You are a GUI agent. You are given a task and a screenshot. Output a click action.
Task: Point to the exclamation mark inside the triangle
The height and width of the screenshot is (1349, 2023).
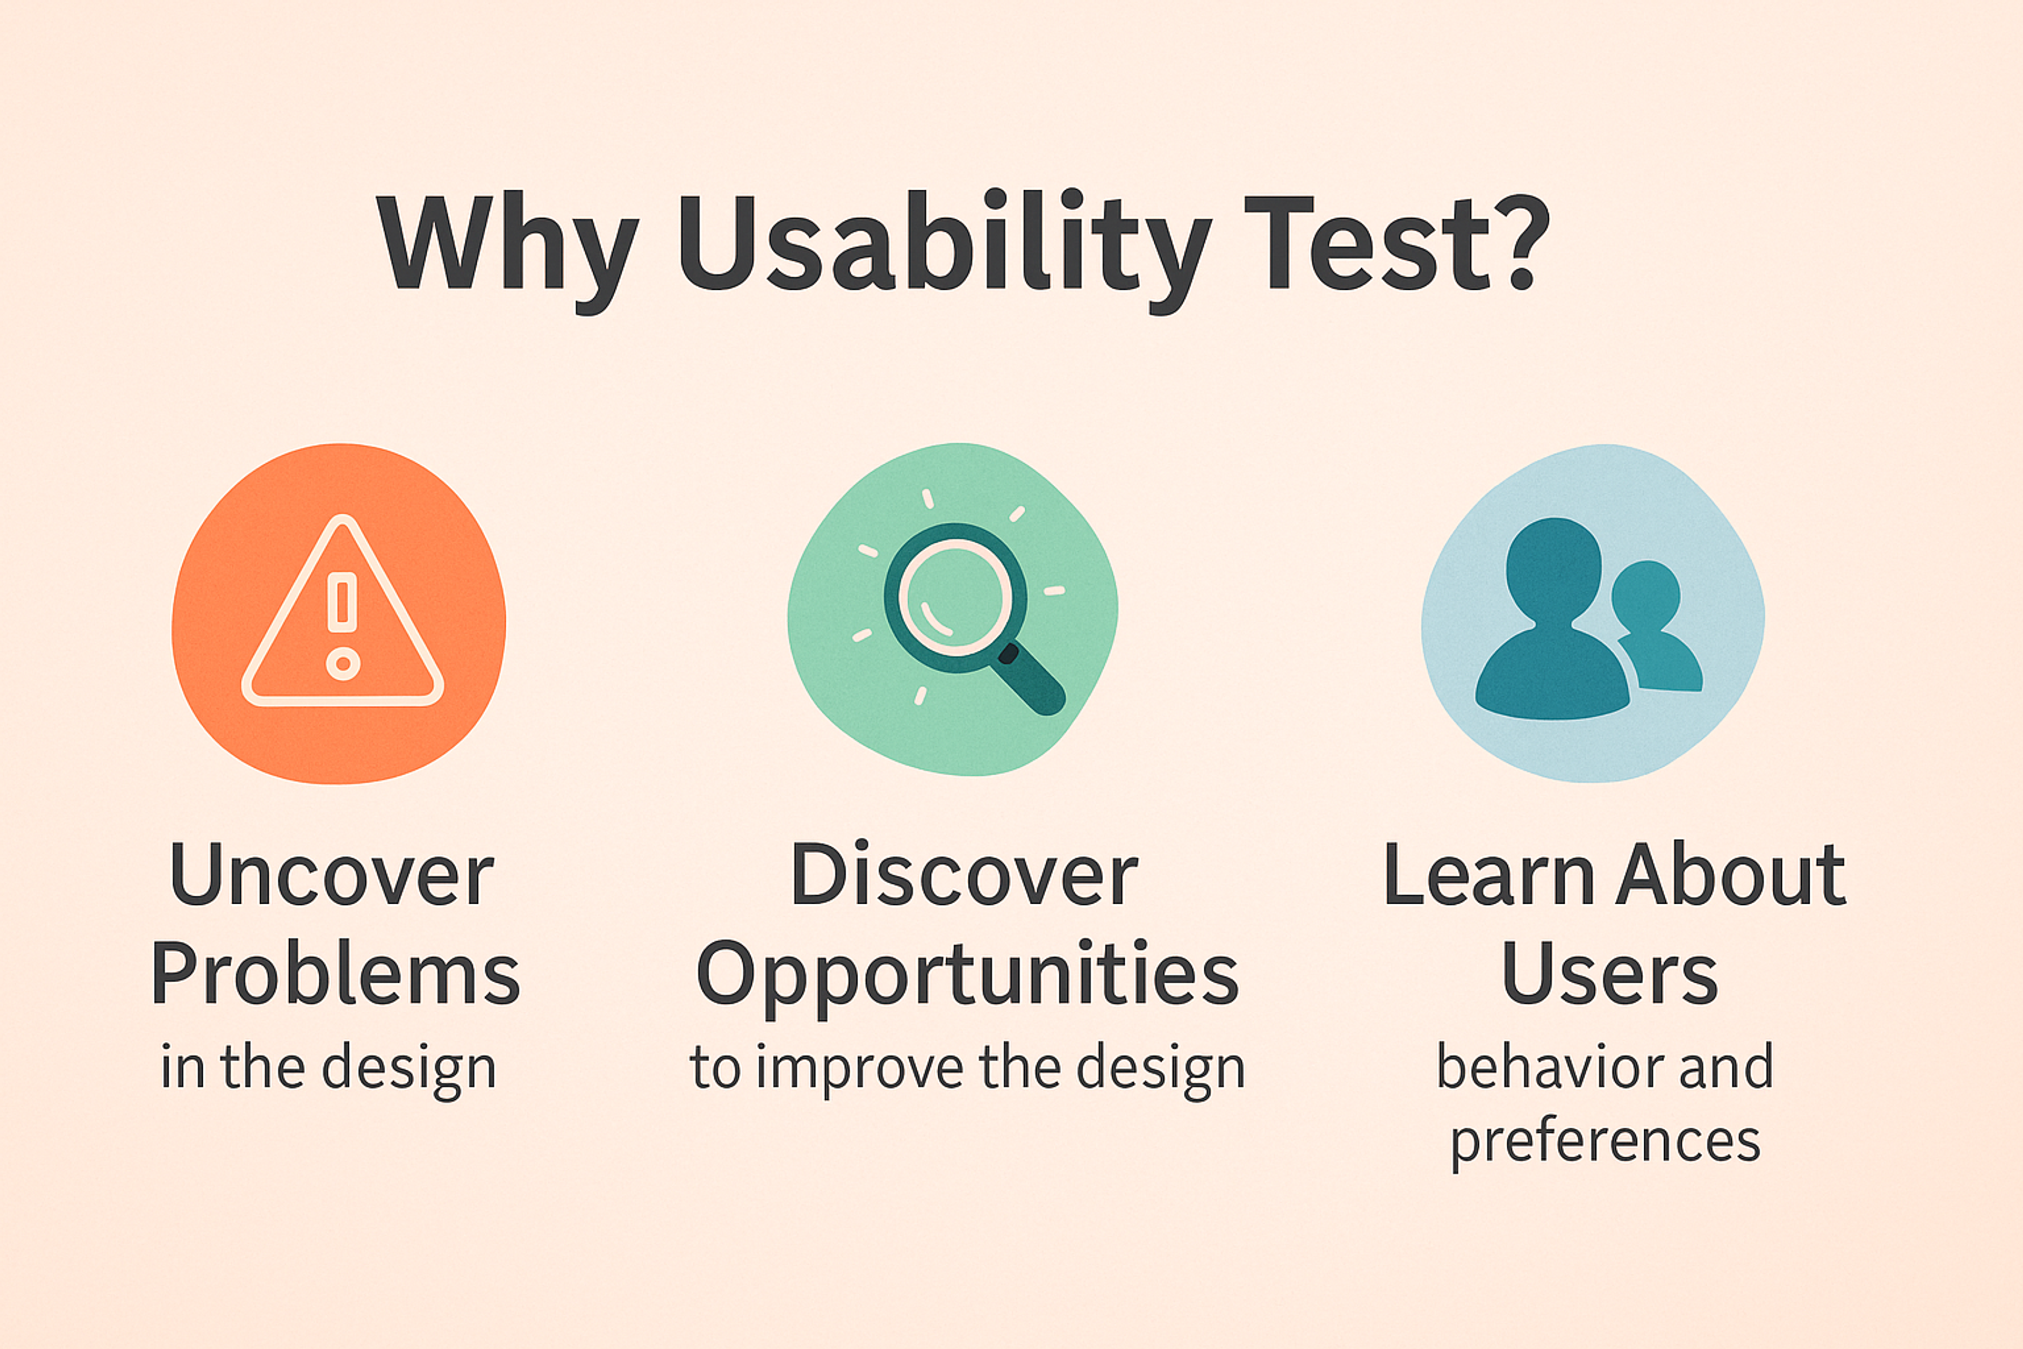[x=342, y=602]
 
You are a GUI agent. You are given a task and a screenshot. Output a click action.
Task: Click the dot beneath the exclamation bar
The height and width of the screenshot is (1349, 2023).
[x=342, y=663]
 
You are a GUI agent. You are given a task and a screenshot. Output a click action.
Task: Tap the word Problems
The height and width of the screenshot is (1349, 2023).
[x=336, y=974]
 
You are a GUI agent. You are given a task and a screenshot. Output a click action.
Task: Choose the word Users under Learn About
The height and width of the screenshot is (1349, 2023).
[x=1608, y=974]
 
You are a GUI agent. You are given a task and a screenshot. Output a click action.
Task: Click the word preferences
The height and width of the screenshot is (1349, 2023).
[x=1605, y=1142]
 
